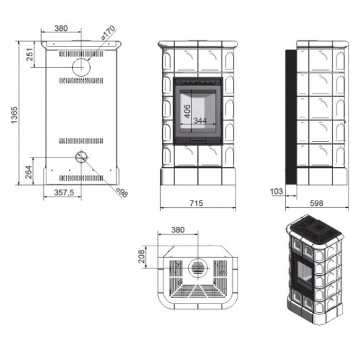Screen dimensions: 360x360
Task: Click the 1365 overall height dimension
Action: tap(14, 115)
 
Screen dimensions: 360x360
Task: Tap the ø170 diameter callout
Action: tap(108, 33)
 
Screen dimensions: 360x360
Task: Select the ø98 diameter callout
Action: tap(122, 192)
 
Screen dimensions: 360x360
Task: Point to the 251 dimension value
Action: tap(30, 55)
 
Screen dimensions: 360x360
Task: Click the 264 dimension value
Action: tap(29, 172)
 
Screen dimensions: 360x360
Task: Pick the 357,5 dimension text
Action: tap(64, 192)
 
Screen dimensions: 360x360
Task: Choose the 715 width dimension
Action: tap(196, 203)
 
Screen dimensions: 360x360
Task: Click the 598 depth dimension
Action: tap(316, 203)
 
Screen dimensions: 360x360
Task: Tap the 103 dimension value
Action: tap(277, 191)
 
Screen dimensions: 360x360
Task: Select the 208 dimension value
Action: tap(142, 256)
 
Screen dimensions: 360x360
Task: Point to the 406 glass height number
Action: tap(187, 111)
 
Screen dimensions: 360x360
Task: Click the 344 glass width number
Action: tap(200, 120)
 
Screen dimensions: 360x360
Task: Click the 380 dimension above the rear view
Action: tap(61, 28)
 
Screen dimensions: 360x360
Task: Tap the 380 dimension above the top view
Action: tap(178, 230)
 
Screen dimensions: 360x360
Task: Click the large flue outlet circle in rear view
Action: tap(81, 67)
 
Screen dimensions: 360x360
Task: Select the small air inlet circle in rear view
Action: tap(81, 157)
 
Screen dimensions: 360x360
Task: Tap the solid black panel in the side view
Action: tap(291, 117)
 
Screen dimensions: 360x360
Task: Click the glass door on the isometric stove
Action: tap(304, 274)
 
